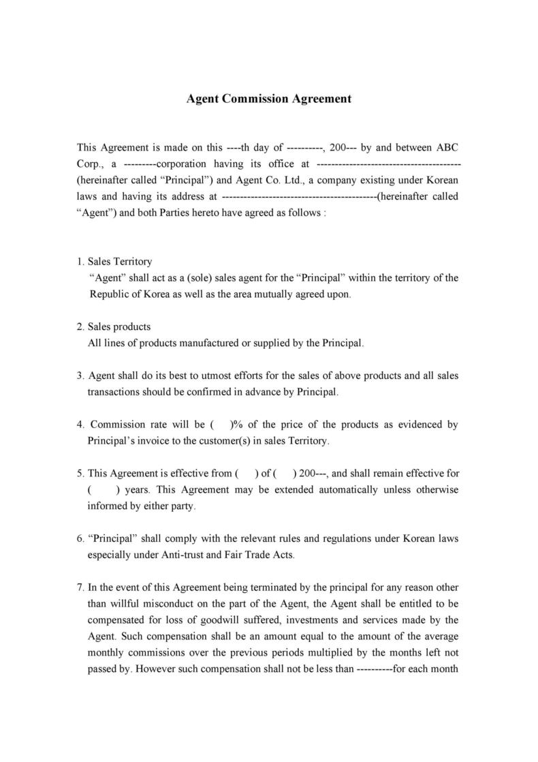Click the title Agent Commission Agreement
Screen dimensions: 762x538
tap(269, 99)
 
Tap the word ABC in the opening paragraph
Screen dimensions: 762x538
tap(447, 147)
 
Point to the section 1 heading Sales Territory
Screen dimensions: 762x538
tap(120, 262)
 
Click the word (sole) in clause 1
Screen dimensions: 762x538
tap(194, 278)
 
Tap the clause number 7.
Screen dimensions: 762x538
tap(80, 588)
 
